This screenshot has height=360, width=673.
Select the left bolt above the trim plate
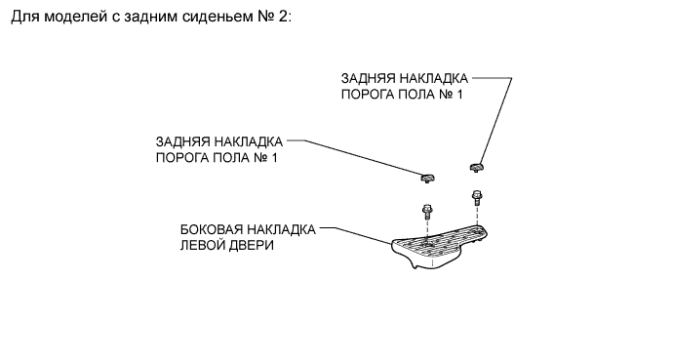click(x=427, y=211)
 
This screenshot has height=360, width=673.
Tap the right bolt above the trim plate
click(x=476, y=197)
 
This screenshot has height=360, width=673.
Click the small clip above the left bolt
click(x=427, y=178)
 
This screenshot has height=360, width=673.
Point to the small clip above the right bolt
click(x=476, y=167)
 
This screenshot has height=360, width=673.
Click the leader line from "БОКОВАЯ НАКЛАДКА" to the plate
click(x=356, y=235)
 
